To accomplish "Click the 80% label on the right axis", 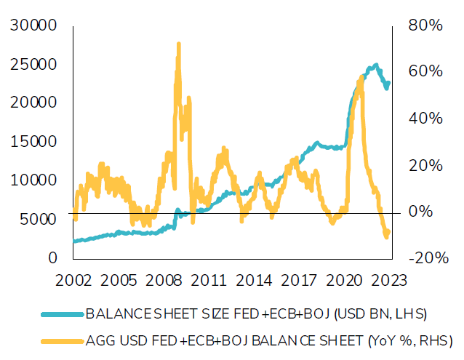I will [x=425, y=26].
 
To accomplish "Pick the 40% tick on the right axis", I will [x=425, y=119].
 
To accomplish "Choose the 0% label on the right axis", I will [x=420, y=212].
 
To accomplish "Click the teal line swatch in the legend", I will [x=62, y=315].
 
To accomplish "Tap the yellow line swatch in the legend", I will [x=62, y=339].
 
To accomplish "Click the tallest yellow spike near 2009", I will [x=178, y=45].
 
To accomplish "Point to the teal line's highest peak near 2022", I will [x=375, y=65].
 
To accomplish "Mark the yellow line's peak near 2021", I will [x=360, y=76].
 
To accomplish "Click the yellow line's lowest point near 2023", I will [x=386, y=236].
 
